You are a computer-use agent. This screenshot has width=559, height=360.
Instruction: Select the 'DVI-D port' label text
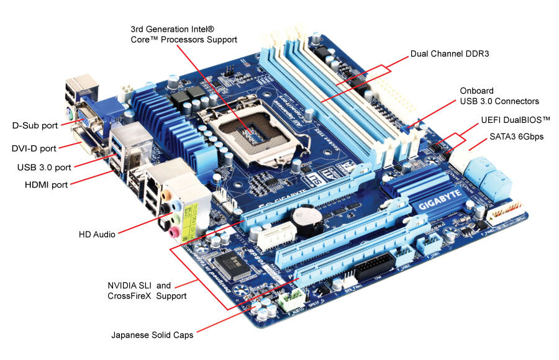[34, 148]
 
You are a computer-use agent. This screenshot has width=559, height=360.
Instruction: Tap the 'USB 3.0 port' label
[44, 167]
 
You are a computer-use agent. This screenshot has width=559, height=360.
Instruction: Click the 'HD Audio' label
[97, 235]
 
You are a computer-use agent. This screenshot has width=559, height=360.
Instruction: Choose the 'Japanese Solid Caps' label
[152, 335]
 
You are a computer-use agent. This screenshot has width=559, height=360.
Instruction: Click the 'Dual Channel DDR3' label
[450, 54]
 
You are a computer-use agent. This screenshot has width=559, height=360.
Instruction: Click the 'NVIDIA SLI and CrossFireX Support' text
[147, 290]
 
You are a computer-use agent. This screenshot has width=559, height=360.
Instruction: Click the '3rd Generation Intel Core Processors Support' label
[184, 34]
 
